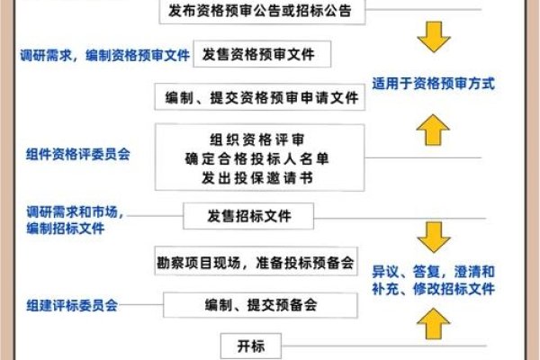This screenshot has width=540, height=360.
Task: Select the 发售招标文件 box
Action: point(249,216)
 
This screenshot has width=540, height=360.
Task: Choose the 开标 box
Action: point(244,345)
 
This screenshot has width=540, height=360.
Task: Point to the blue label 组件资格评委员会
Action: point(78,154)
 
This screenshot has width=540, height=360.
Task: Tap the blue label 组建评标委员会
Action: point(72,305)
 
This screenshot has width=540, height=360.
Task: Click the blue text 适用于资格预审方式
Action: point(435,84)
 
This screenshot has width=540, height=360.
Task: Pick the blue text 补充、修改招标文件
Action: point(435,290)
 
